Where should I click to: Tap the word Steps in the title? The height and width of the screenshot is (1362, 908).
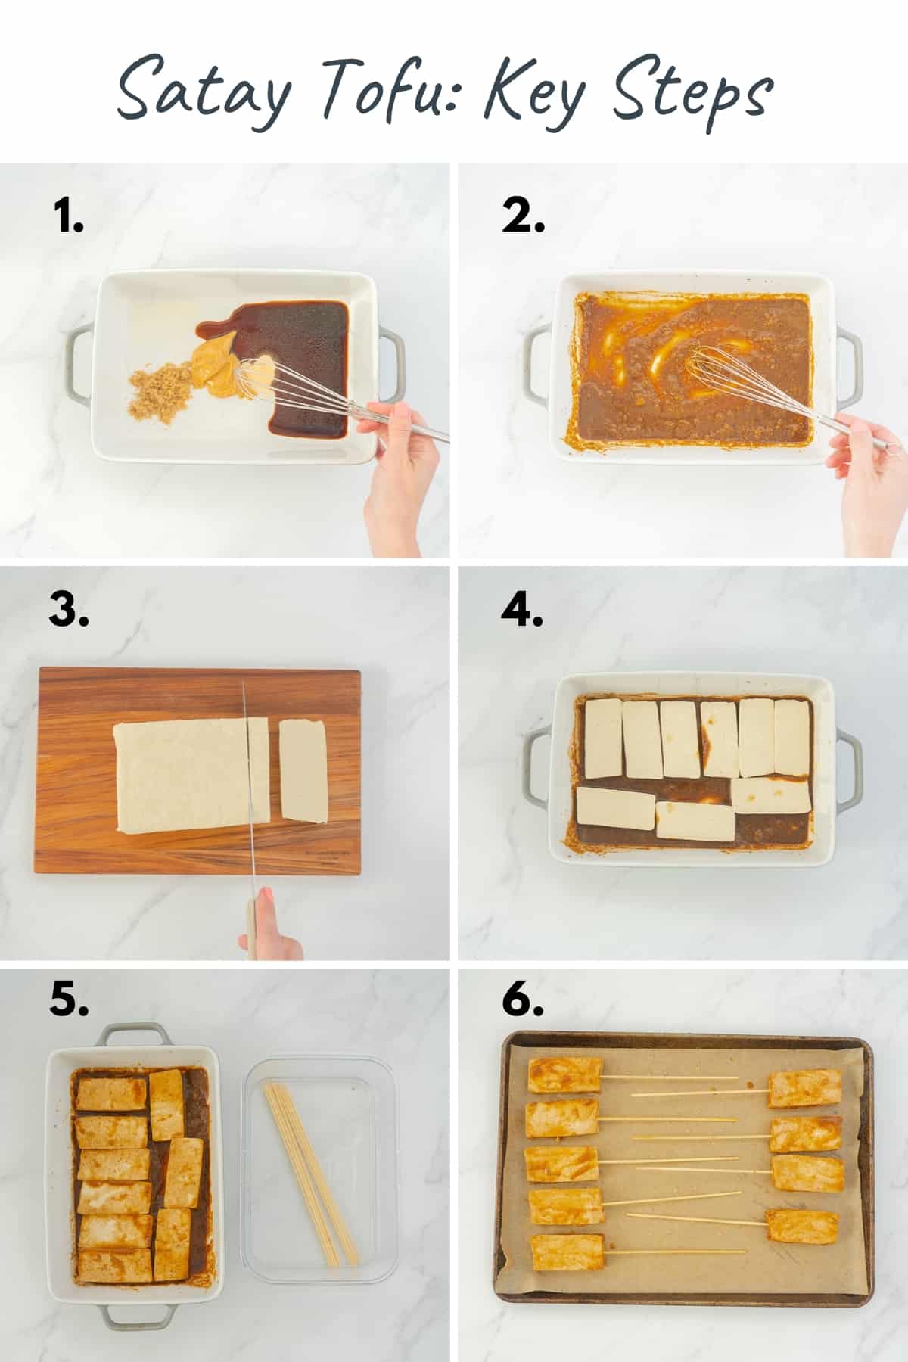(x=692, y=95)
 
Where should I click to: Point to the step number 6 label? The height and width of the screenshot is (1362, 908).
(x=522, y=1000)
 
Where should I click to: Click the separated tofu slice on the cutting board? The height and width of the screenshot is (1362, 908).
(x=303, y=770)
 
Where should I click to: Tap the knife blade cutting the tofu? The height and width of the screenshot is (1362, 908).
(x=247, y=779)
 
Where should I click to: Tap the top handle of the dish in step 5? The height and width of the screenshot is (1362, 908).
(x=133, y=1033)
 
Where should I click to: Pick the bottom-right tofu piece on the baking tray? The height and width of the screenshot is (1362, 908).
(x=802, y=1226)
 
